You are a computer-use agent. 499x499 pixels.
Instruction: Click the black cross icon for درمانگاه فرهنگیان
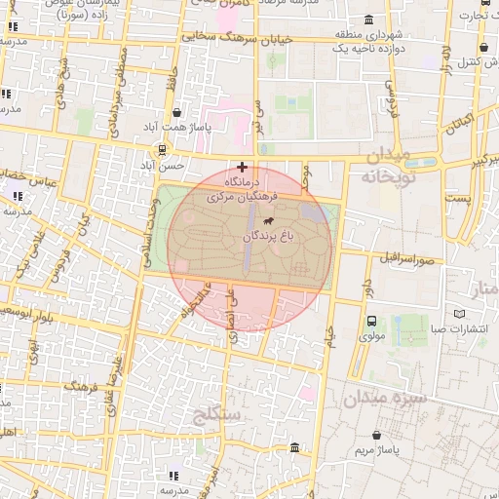coord(242,167)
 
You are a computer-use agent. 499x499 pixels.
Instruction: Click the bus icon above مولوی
coord(372,321)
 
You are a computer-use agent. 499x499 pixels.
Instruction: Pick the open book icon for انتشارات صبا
coord(460,314)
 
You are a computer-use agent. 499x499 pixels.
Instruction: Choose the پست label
coord(457,198)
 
